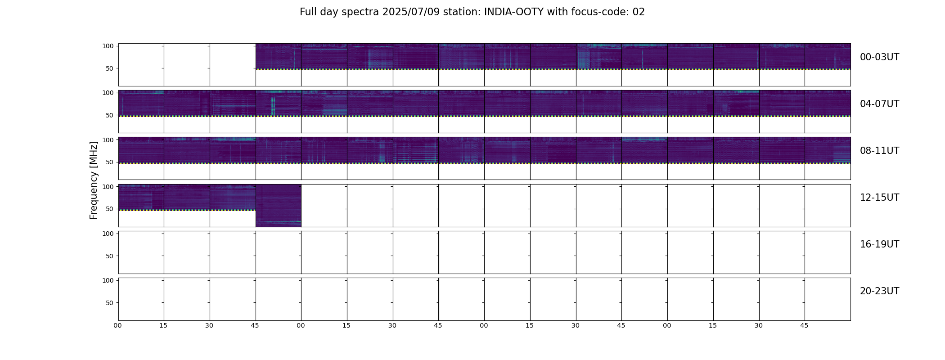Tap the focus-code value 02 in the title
(639, 12)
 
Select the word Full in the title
(308, 12)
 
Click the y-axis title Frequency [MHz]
(94, 180)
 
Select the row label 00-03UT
(879, 57)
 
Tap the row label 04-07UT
(879, 104)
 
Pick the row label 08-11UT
(879, 151)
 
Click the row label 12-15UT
(879, 198)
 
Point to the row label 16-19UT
(879, 244)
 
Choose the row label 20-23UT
(879, 291)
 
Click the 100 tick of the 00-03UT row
(108, 46)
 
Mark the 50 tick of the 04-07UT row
(109, 116)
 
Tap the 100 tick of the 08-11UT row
(108, 140)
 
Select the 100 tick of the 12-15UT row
(108, 187)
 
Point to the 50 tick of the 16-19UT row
(109, 256)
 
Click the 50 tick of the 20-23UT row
(109, 303)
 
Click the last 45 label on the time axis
(804, 325)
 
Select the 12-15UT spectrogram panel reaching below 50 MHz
(279, 205)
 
